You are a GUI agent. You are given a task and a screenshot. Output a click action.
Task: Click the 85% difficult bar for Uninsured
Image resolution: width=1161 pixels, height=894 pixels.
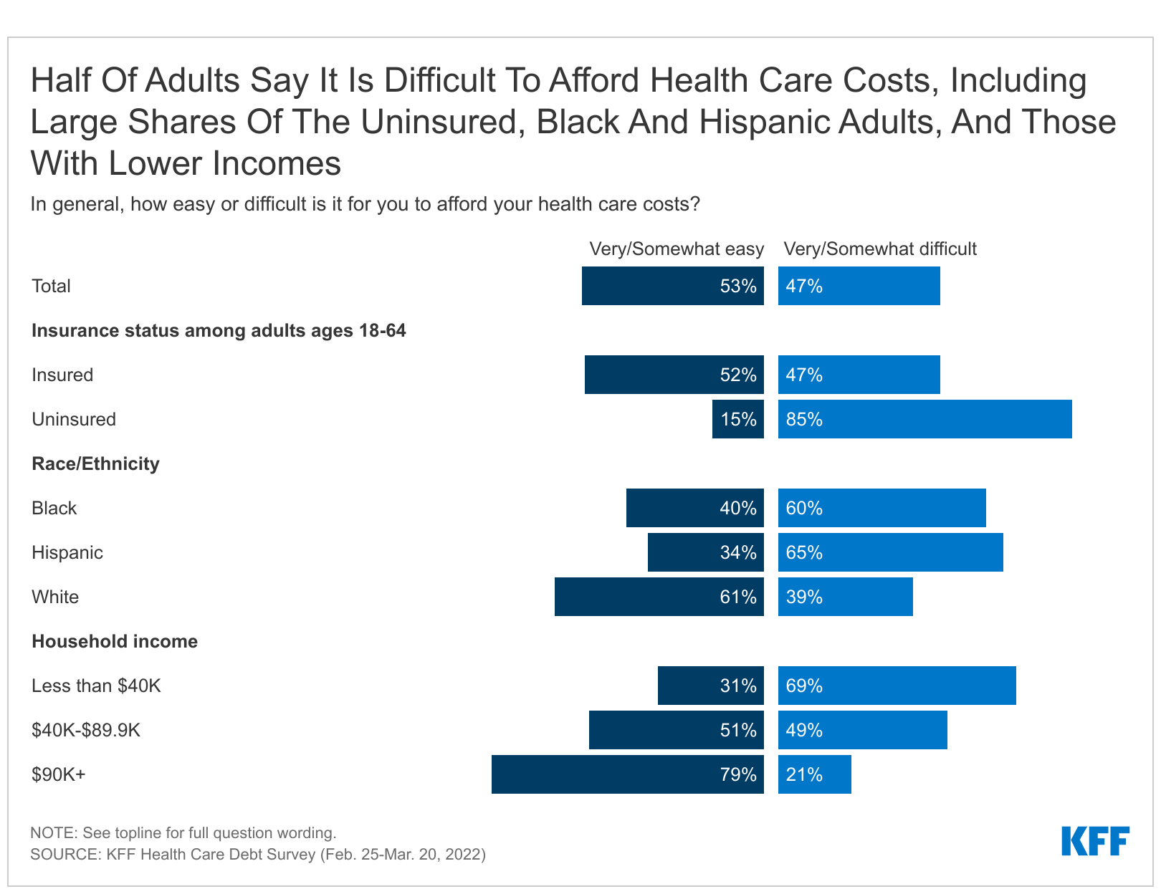point(924,419)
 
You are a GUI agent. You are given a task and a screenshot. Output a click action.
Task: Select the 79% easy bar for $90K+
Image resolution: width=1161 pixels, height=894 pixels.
point(627,774)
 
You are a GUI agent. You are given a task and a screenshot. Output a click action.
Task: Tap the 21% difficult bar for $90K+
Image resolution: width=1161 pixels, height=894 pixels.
point(814,774)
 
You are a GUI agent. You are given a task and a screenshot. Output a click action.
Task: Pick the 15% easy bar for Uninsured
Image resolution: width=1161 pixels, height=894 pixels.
point(737,419)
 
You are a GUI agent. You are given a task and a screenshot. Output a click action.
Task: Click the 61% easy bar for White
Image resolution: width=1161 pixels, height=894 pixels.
point(659,597)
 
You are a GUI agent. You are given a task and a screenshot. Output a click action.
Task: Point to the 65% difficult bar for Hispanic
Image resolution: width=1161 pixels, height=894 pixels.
point(890,552)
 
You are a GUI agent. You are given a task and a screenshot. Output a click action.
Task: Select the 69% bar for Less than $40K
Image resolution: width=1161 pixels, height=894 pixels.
point(897,686)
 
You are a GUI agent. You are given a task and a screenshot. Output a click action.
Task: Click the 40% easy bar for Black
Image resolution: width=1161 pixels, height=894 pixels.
point(694,508)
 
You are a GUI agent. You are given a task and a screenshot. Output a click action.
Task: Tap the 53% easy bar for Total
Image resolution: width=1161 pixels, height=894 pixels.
point(672,286)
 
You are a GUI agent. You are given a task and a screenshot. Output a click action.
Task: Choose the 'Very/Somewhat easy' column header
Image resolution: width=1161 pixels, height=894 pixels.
point(676,249)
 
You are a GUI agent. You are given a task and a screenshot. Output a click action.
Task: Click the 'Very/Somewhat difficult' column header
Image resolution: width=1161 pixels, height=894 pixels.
point(879,249)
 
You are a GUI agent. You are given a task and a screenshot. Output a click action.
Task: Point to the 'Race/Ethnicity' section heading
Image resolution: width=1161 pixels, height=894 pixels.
point(95,463)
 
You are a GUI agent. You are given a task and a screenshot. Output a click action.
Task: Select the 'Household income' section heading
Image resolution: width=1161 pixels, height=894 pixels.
point(115,641)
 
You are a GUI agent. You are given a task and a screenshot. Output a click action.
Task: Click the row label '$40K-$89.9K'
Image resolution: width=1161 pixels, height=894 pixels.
point(86,730)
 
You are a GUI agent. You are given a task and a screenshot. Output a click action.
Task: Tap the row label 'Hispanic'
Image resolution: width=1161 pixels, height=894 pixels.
point(67,552)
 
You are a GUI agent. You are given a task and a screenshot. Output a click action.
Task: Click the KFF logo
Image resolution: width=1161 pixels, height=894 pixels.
point(1094,841)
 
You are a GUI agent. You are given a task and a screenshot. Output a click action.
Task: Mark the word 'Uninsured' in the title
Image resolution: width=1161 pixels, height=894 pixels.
point(438,122)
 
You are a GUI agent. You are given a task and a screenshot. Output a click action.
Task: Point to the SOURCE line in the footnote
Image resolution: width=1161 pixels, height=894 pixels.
point(258,854)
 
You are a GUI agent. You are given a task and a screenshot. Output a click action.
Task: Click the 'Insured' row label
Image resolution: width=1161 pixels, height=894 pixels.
point(62,375)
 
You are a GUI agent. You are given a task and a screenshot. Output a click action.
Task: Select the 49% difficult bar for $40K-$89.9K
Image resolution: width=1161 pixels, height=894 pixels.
point(862,730)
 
